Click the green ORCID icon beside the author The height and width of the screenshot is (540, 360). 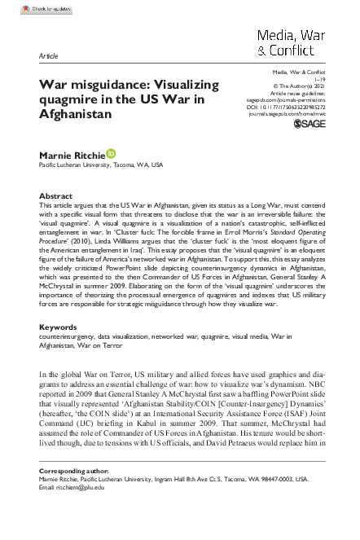pos(111,151)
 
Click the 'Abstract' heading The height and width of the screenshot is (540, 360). pos(55,197)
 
